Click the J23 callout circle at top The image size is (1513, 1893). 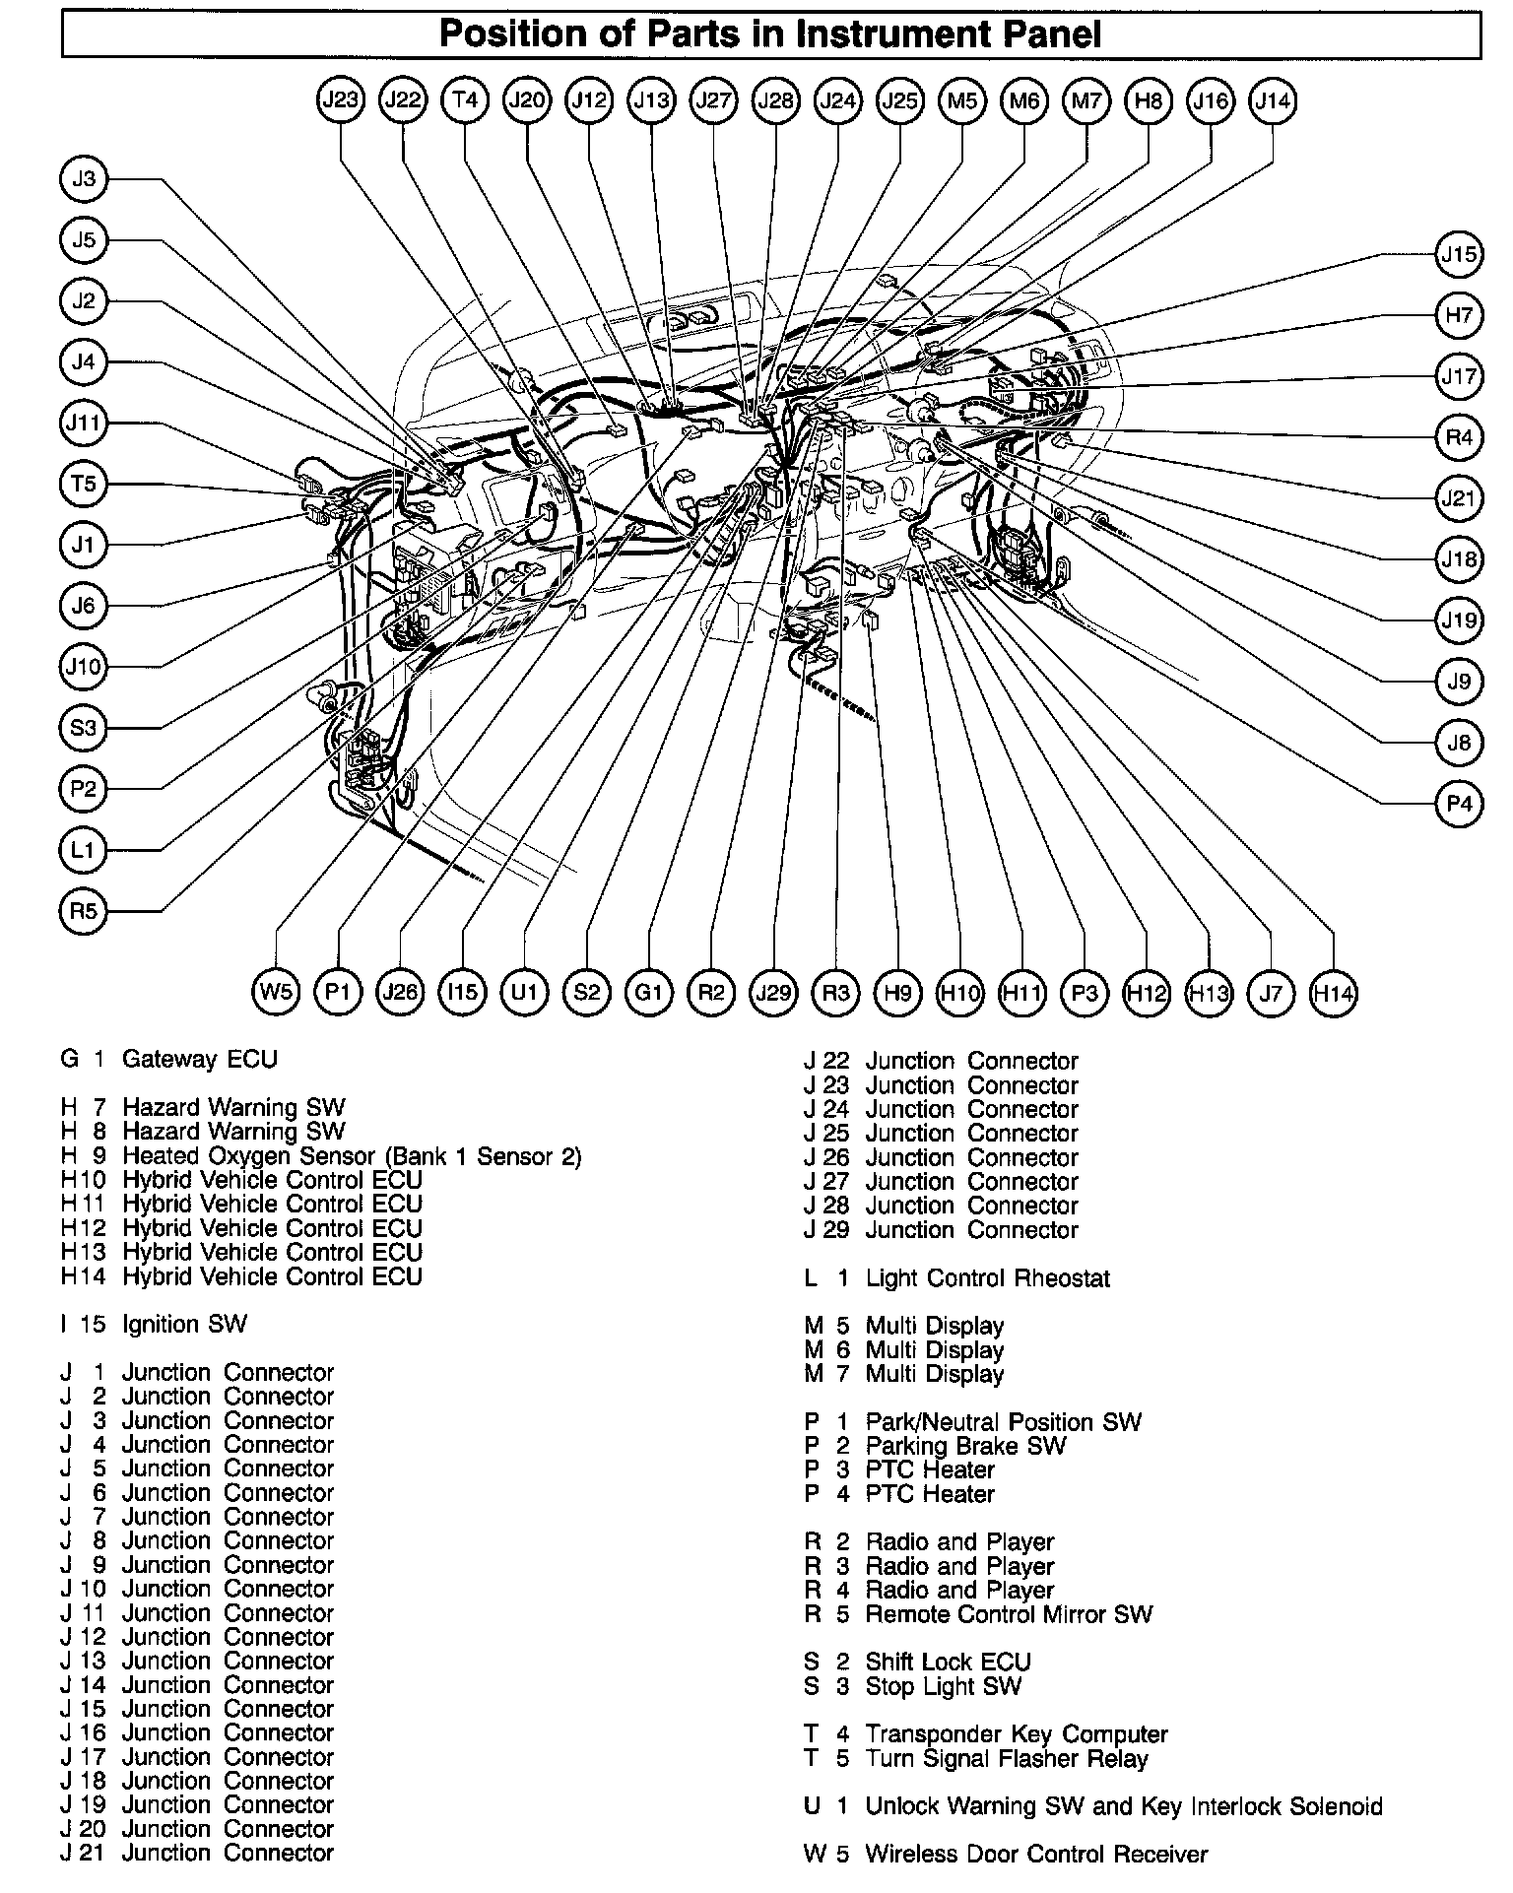tap(341, 99)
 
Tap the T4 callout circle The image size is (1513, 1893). tap(465, 99)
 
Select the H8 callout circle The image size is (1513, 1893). tap(1149, 99)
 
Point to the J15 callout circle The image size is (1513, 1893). tap(1459, 254)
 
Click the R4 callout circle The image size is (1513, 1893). tap(1459, 436)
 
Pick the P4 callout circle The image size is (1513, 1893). tap(1459, 804)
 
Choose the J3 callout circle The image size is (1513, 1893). tap(84, 179)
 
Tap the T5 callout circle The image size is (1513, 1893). tap(84, 484)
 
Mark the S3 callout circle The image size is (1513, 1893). tap(84, 728)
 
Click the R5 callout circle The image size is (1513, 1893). tap(84, 911)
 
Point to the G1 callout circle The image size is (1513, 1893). tap(648, 992)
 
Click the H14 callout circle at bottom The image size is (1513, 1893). tap(1333, 993)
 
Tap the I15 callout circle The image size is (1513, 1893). tap(462, 992)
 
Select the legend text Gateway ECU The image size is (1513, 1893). tap(199, 1059)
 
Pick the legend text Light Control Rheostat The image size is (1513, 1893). tap(987, 1278)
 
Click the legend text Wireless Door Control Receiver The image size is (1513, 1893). tap(1035, 1855)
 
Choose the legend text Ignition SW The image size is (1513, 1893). tap(184, 1324)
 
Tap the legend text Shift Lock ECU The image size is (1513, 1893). tap(948, 1663)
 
